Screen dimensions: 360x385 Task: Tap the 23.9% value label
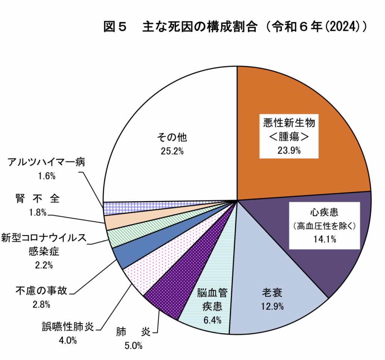289,151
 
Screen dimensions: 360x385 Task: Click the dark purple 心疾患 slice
338,263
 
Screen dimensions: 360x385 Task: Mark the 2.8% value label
41,305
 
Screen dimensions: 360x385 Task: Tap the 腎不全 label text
38,199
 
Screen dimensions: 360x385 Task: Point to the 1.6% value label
47,176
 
